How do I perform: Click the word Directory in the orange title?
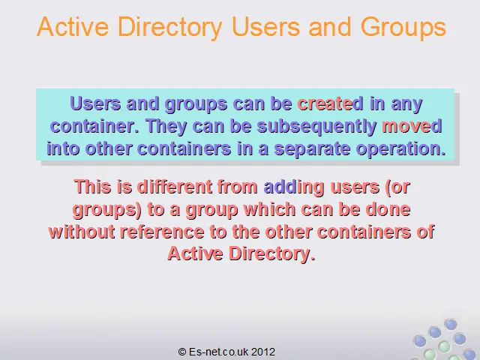click(169, 27)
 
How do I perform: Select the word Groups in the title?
click(403, 27)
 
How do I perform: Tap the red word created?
click(330, 103)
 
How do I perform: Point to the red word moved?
click(412, 126)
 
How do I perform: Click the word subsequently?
click(316, 127)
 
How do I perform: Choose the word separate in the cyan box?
click(312, 149)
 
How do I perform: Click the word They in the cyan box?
click(166, 127)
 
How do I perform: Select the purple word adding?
click(294, 187)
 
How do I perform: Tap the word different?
click(175, 187)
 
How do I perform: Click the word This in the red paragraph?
click(92, 187)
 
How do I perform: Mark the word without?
click(82, 232)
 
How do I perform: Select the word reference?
click(162, 232)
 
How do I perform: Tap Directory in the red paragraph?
click(271, 253)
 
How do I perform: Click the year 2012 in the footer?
click(263, 352)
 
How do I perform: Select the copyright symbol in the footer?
click(182, 352)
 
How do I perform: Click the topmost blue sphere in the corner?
click(450, 324)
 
